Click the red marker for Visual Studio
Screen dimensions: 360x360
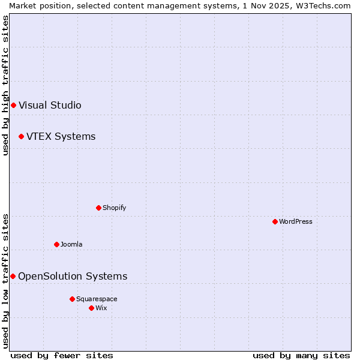point(13,106)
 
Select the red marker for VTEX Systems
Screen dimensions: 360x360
point(21,137)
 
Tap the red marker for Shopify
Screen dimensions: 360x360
point(98,208)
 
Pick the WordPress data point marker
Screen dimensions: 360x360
point(275,222)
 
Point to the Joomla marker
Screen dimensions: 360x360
point(56,245)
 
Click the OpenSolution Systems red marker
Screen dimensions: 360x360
point(13,277)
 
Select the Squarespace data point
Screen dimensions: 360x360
point(72,299)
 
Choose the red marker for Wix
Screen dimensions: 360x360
point(91,308)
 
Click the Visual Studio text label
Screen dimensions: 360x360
point(50,106)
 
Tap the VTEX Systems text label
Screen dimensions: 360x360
point(61,137)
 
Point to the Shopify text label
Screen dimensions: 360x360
point(114,208)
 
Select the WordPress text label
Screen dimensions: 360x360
point(295,222)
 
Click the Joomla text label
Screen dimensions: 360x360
point(71,245)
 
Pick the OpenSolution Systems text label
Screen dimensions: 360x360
point(73,277)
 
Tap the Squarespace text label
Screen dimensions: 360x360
point(97,299)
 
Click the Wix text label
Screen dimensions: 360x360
point(101,308)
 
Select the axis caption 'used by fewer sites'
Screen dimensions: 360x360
point(62,356)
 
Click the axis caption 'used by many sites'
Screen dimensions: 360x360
point(301,356)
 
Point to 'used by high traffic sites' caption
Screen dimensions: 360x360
point(6,85)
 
